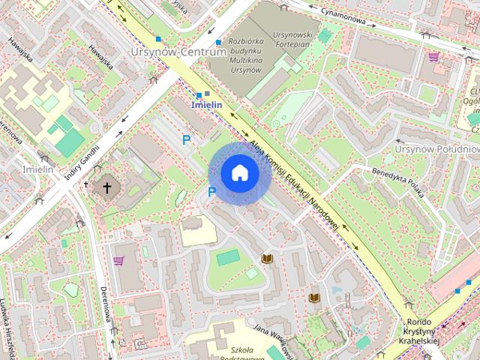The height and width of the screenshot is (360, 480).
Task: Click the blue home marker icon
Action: coord(240,173)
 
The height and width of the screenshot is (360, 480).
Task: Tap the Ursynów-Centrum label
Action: coord(178,52)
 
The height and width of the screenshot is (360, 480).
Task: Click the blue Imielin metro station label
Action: coord(206,105)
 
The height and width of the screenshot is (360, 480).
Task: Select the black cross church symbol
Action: coord(106,187)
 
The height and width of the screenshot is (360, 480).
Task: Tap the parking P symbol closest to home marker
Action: coord(211,193)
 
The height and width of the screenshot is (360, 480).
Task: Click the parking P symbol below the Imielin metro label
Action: coord(187,139)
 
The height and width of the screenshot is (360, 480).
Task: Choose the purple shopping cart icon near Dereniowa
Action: coord(118,261)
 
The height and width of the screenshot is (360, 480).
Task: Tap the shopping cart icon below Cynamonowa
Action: coord(433,56)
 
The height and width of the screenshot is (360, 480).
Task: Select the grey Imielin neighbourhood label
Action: coord(37,169)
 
